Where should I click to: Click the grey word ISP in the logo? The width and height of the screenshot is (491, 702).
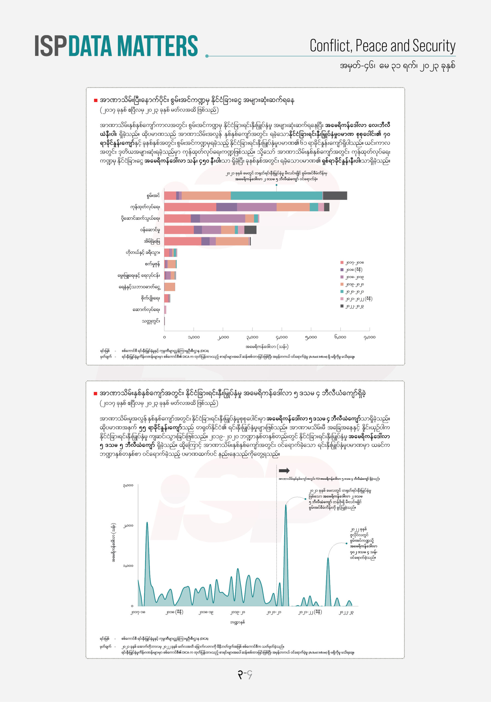click(x=50, y=46)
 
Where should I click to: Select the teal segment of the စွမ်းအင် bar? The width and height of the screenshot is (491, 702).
click(x=276, y=196)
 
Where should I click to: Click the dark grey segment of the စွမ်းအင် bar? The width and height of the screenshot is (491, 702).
click(x=335, y=196)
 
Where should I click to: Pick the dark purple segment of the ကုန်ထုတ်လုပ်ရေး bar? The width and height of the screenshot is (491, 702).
click(x=226, y=207)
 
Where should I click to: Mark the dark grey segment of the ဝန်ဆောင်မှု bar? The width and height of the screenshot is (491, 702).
click(x=250, y=230)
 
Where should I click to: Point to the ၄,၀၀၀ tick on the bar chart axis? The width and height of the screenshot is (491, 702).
click(x=281, y=337)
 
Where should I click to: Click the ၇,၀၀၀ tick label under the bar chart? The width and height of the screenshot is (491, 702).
click(x=369, y=337)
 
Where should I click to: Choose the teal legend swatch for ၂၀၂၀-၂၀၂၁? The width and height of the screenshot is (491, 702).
click(x=342, y=291)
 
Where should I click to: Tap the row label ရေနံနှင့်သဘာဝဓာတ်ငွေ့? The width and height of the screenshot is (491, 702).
click(x=139, y=287)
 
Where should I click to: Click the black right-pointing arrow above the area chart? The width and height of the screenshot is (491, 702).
click(x=284, y=471)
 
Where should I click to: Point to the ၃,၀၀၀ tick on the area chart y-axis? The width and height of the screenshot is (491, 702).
click(x=128, y=485)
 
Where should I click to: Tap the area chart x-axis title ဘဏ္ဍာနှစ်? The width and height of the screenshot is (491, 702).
click(x=237, y=622)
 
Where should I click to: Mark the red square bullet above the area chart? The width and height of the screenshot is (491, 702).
click(x=95, y=393)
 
